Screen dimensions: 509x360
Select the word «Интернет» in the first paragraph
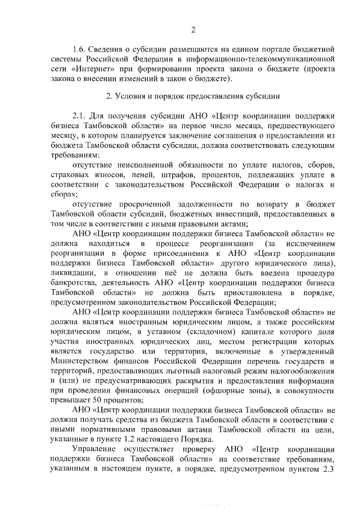(86, 69)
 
